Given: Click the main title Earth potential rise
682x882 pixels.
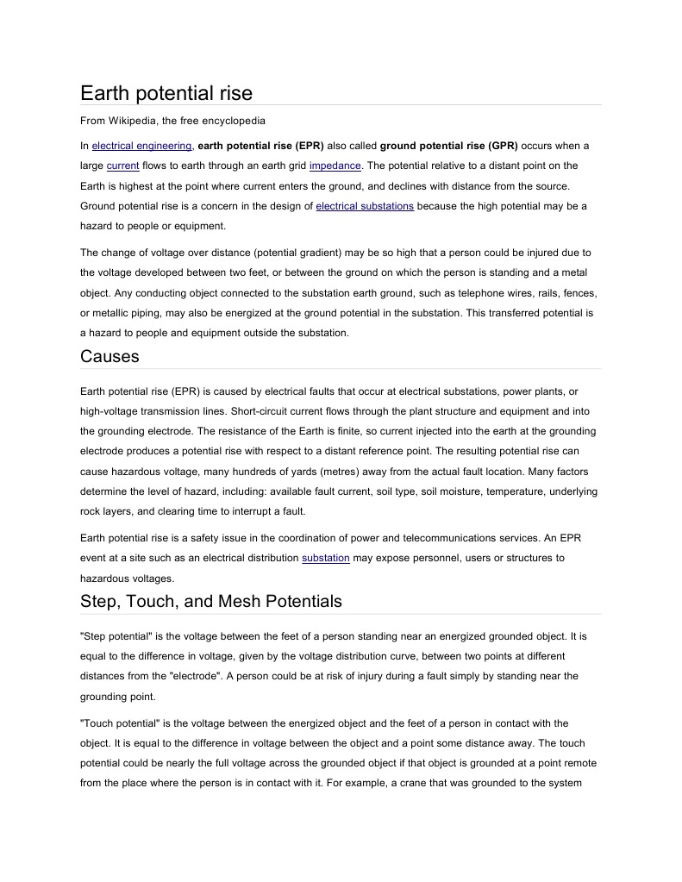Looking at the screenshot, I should tap(166, 92).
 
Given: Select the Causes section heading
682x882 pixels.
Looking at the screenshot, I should tap(109, 356).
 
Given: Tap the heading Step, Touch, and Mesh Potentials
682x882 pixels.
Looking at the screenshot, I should tap(210, 601).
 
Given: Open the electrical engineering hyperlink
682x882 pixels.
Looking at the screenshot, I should tap(141, 146).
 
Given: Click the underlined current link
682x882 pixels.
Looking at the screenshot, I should tap(122, 166).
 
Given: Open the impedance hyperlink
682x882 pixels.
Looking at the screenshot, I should tap(335, 166).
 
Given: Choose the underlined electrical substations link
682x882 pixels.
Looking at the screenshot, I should tap(365, 206).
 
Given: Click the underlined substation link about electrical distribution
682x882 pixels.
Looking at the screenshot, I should tap(325, 558).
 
